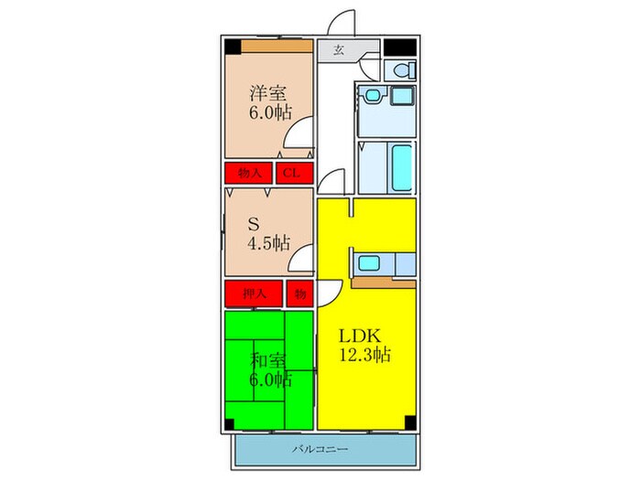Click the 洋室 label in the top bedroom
tap(267, 93)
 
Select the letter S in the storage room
tap(255, 223)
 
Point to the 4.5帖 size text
tap(267, 243)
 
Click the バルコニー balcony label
tap(326, 450)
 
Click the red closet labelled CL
tap(290, 173)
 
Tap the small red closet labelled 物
tap(299, 293)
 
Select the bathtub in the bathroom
tap(401, 167)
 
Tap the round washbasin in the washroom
tap(372, 94)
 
